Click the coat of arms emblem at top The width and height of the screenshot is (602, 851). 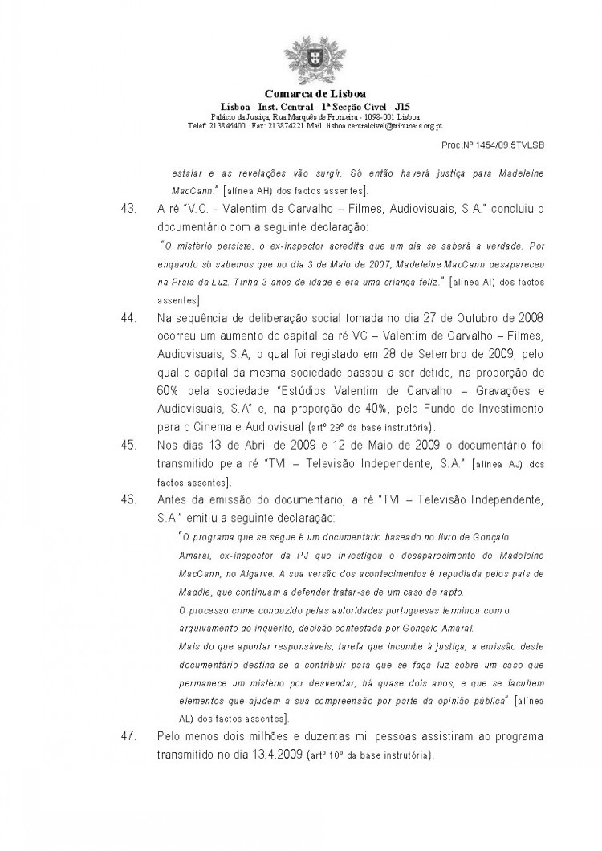coord(303,61)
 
